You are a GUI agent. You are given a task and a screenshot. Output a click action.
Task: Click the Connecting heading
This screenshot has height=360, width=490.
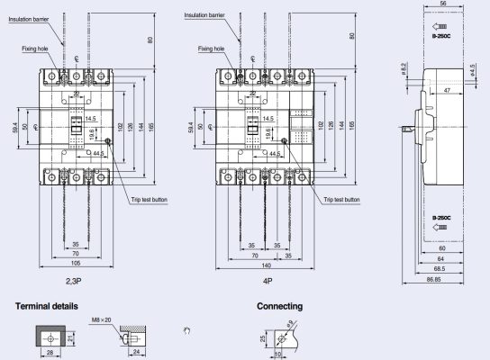point(279,307)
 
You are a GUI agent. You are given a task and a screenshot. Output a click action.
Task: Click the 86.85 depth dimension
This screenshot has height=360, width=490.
point(441,281)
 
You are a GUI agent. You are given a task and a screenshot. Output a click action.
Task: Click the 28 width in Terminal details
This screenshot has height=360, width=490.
point(50,355)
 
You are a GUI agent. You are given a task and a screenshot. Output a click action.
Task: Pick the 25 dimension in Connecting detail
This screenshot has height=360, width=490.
point(263,340)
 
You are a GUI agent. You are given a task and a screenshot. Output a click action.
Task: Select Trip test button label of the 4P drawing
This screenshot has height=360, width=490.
point(340,200)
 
